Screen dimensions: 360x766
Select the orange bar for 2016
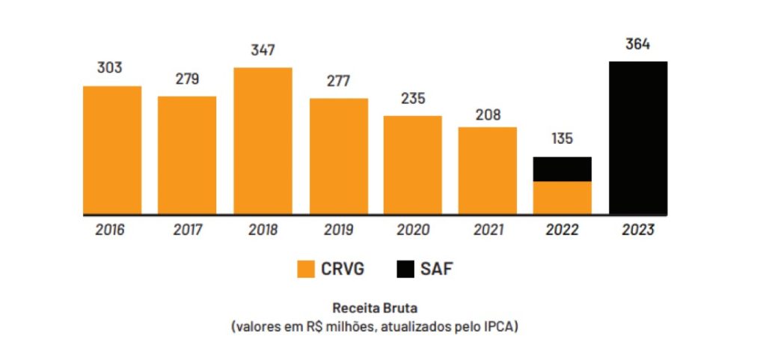coord(112,150)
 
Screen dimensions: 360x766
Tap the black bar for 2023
coord(638,138)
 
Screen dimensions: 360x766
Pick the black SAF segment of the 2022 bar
coord(562,169)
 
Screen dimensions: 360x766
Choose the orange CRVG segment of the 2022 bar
coord(562,198)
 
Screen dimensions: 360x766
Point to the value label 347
coord(263,51)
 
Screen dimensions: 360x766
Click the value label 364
coord(638,44)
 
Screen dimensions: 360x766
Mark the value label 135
coord(562,140)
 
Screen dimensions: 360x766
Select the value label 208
coord(487,115)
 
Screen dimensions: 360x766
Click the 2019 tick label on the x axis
coord(338,230)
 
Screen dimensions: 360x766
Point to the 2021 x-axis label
coord(488,230)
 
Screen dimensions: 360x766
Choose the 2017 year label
coord(187,230)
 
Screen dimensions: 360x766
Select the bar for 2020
coord(412,165)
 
